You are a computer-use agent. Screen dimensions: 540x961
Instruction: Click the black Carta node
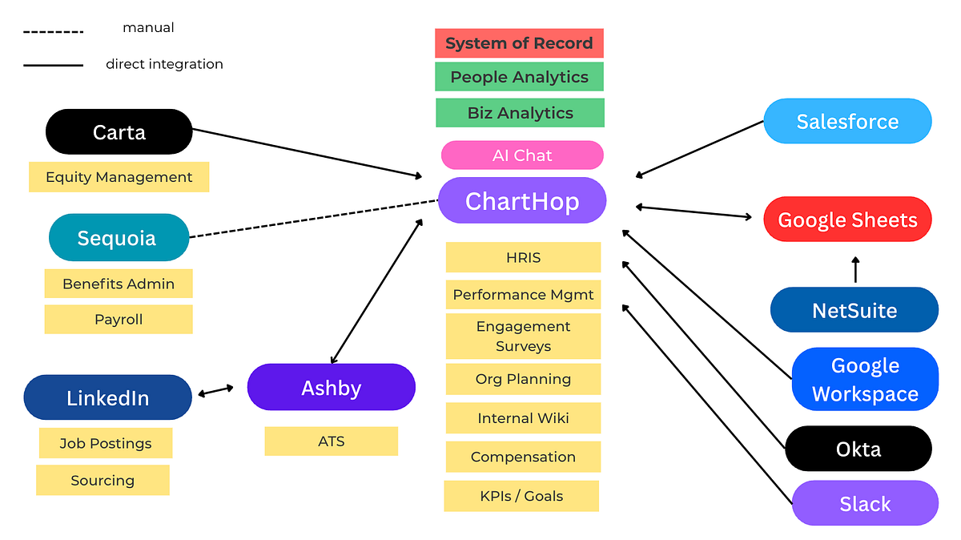(119, 131)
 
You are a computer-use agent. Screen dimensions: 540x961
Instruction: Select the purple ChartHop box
(522, 200)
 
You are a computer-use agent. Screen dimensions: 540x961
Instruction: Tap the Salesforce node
(847, 122)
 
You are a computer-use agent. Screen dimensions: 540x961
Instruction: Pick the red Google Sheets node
(847, 220)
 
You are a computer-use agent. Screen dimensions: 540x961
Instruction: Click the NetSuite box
(854, 310)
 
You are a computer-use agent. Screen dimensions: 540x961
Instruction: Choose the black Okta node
(858, 449)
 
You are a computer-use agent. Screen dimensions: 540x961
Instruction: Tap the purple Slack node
(865, 504)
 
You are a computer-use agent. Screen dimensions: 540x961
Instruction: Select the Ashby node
(331, 388)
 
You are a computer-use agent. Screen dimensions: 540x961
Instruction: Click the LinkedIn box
(107, 398)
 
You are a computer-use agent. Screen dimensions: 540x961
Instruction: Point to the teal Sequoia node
(117, 238)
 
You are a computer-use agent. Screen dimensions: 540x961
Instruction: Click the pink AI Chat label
(522, 155)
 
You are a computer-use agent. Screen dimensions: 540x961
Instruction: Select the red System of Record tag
(519, 43)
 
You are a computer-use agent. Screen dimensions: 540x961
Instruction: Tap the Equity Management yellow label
(119, 177)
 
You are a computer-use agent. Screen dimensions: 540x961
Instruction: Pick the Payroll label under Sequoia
(119, 320)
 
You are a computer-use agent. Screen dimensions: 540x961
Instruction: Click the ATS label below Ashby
(331, 441)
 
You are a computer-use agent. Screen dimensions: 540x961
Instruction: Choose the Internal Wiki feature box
(523, 418)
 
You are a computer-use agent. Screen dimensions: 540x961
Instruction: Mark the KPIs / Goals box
(521, 496)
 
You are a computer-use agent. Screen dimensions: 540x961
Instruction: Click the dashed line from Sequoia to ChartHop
(312, 219)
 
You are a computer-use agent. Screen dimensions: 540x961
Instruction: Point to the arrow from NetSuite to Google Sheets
(855, 270)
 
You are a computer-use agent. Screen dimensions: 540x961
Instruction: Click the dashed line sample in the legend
(53, 32)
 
